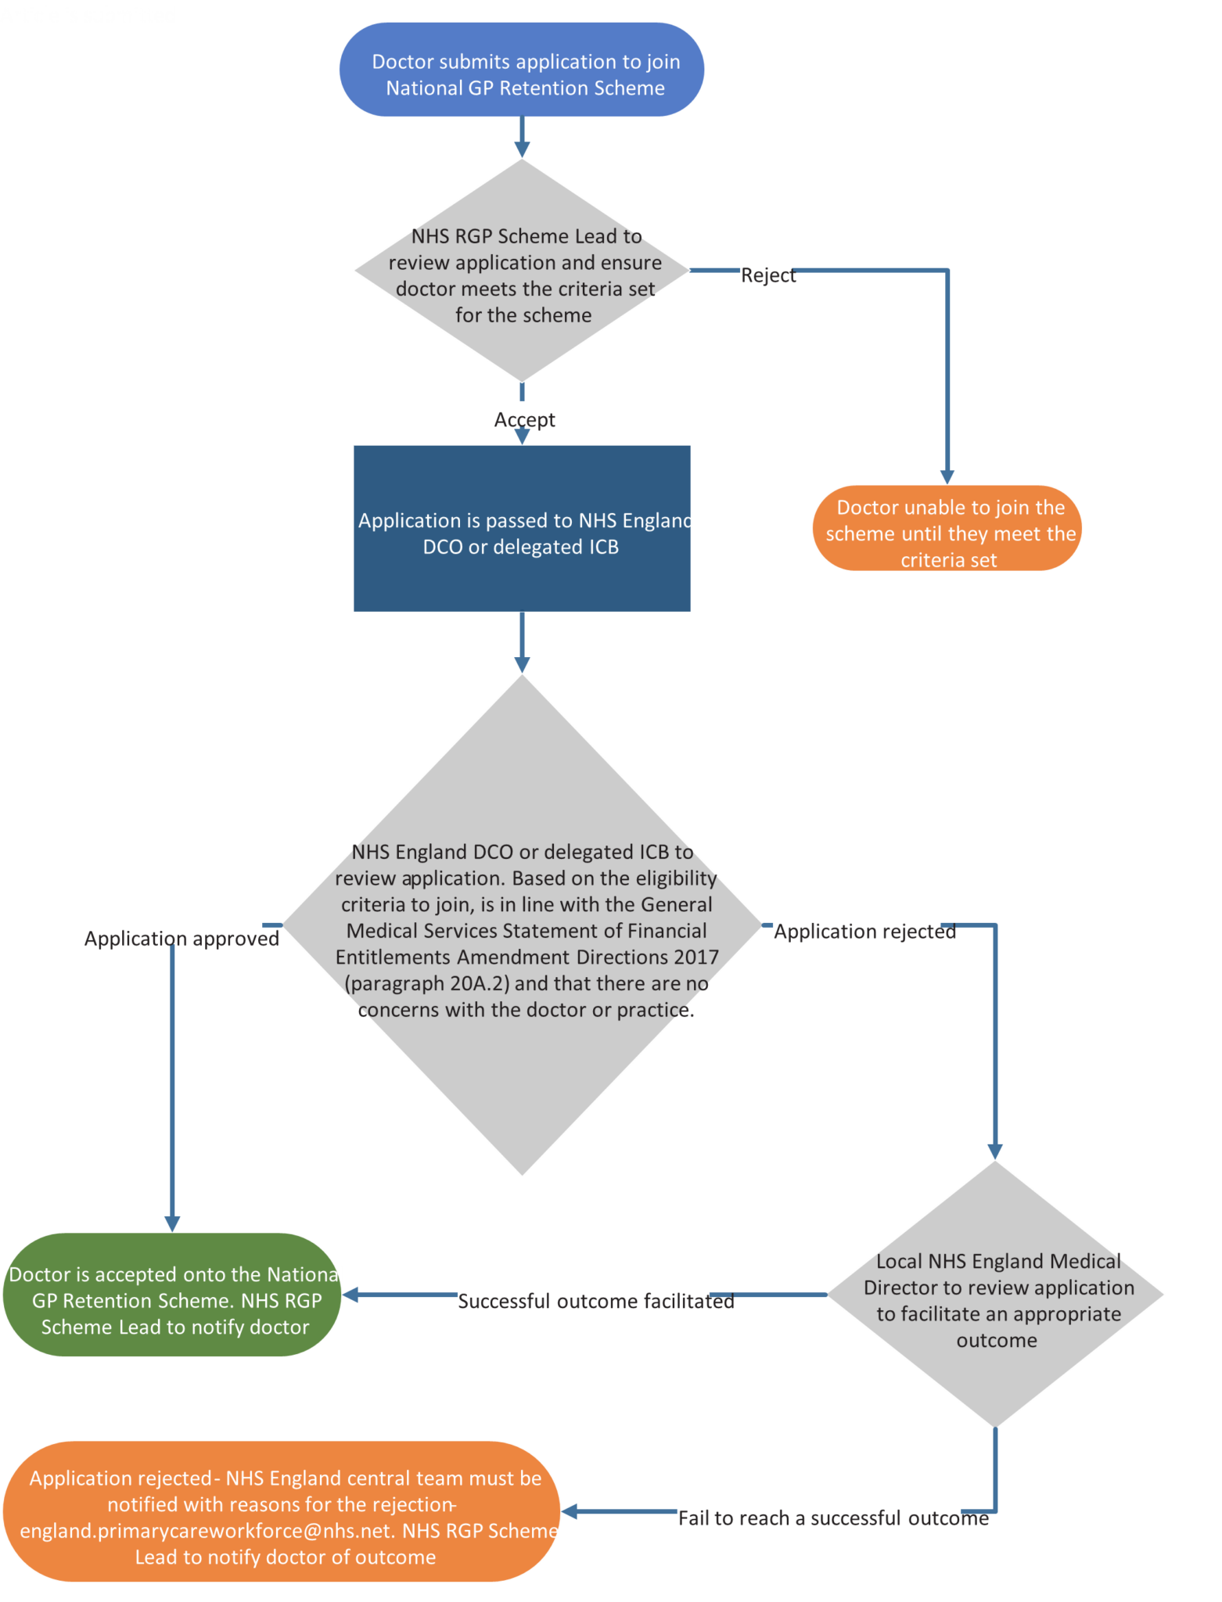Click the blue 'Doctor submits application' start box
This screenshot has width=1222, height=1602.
point(522,70)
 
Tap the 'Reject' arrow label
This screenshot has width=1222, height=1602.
point(767,274)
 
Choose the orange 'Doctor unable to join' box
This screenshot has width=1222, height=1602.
point(947,529)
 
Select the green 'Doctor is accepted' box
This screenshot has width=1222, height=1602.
point(173,1295)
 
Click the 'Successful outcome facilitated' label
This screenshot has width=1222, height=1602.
point(595,1299)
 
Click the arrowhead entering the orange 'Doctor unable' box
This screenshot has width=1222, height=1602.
point(947,476)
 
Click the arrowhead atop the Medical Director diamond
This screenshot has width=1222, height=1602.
point(995,1151)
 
